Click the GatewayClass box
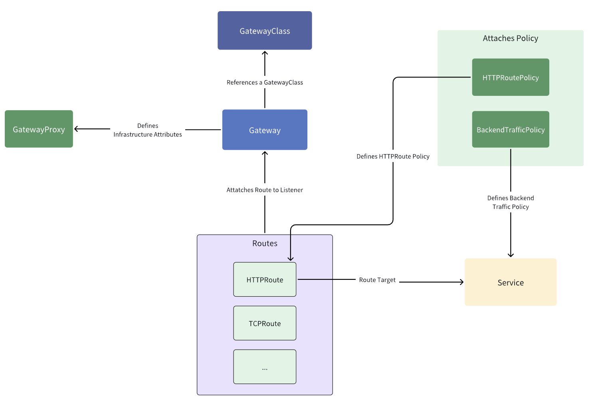265,31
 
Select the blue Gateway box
265,130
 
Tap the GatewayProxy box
39,129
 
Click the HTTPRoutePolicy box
510,77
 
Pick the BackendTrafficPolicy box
510,129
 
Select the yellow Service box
510,282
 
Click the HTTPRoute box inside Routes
265,279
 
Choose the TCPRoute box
265,323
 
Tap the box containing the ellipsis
265,367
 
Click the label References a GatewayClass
265,82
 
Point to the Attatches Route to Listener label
265,190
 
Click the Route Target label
377,280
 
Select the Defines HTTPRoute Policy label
393,156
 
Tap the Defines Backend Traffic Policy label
510,202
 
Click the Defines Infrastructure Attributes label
148,130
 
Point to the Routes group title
265,244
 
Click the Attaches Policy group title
510,38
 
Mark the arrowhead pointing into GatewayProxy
76,129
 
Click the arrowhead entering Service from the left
461,282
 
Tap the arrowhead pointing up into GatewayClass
265,53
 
